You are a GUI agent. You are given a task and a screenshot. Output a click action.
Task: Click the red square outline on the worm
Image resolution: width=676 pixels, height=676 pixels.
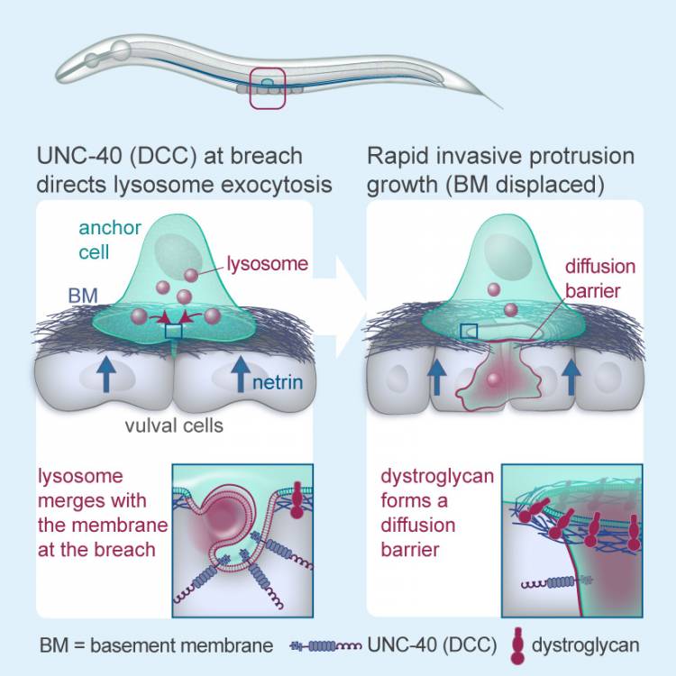coord(251,88)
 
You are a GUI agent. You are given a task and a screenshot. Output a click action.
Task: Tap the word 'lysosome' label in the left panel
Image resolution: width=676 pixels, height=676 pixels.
coord(268,263)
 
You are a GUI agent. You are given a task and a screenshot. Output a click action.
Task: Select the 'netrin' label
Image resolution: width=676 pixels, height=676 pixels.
coord(278,382)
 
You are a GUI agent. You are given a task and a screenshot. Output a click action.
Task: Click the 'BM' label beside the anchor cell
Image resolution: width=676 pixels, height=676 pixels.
coord(83,296)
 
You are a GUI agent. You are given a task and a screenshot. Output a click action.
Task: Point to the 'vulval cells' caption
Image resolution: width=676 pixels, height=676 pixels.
coord(174,426)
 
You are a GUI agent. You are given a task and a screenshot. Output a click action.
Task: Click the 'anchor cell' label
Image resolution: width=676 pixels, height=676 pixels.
coord(109,240)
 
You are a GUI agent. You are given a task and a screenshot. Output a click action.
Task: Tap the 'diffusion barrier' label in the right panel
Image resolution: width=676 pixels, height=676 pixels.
coord(600,279)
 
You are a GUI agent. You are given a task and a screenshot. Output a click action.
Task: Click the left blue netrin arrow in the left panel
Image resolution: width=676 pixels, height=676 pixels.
coord(106,375)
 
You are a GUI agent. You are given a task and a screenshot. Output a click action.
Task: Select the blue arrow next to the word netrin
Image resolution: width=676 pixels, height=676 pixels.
coord(241,375)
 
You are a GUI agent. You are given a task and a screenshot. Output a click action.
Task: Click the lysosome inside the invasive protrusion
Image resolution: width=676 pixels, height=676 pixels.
coord(493,379)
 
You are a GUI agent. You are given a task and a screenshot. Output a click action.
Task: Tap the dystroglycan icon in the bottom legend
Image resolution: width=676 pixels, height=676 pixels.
coord(516,645)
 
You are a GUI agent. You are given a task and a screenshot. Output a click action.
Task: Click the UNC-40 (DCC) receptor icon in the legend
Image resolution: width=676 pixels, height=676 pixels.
coord(325,646)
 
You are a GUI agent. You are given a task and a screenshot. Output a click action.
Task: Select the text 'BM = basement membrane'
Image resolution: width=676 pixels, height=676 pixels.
coord(157,645)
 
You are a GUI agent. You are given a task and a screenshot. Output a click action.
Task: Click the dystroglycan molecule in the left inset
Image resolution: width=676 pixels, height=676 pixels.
coord(297,499)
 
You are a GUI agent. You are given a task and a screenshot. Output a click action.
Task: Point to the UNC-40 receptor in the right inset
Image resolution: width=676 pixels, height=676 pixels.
coord(557,583)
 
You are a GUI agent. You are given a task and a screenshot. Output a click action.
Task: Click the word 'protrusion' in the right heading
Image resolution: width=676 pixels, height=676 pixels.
coord(582,156)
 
